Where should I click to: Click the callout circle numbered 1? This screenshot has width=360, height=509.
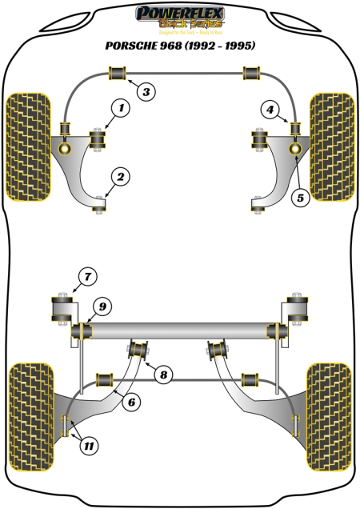click(x=121, y=107)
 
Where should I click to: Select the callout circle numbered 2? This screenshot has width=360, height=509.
click(x=121, y=176)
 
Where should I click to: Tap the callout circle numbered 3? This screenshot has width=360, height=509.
click(x=146, y=92)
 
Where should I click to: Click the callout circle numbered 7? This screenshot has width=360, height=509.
click(x=86, y=278)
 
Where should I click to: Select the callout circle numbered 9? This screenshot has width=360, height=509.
click(x=103, y=305)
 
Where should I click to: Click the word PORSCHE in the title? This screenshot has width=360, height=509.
click(x=133, y=46)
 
